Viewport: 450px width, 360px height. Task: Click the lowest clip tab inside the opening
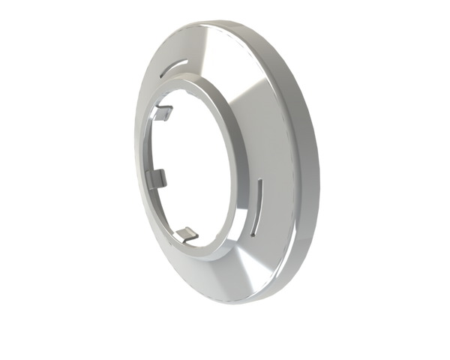(189, 234)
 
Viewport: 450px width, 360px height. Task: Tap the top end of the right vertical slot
(260, 181)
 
